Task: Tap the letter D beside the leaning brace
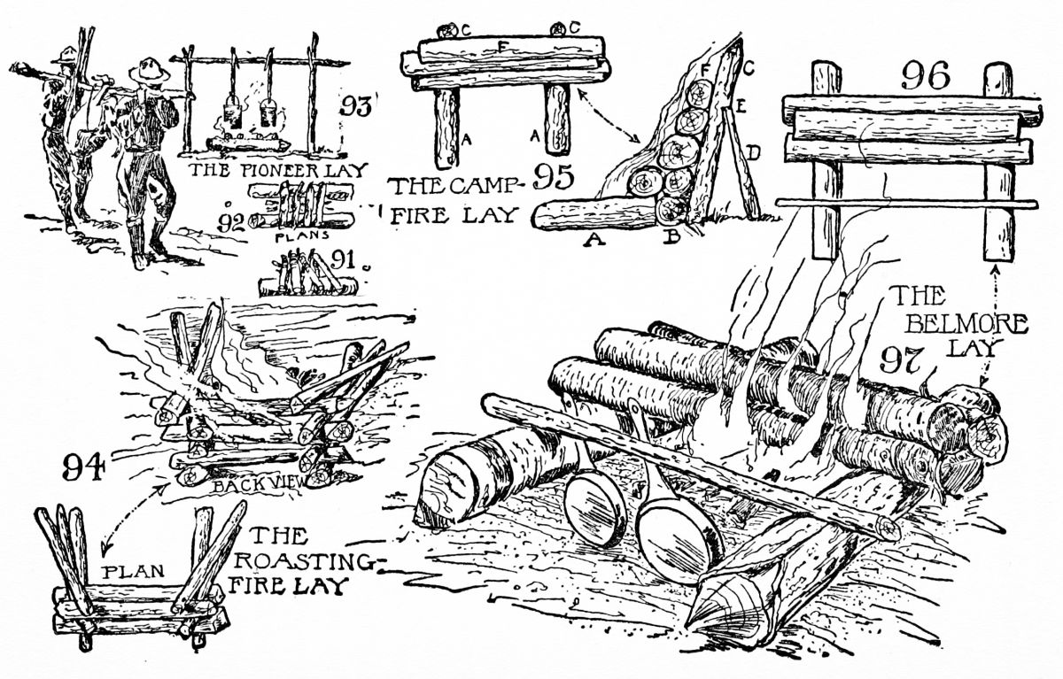[753, 153]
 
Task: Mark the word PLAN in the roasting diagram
[134, 571]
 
